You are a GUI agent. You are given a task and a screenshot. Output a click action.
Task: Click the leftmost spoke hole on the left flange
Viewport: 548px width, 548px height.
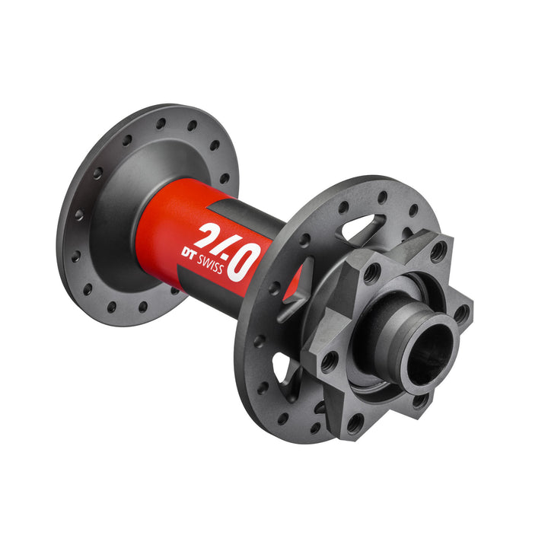point(78,215)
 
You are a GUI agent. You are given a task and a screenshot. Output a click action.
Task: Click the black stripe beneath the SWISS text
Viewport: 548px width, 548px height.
point(228,293)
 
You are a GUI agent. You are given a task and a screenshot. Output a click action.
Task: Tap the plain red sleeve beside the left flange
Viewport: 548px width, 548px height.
point(160,228)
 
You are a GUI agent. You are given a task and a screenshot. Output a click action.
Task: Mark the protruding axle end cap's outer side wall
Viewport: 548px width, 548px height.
point(396,320)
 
